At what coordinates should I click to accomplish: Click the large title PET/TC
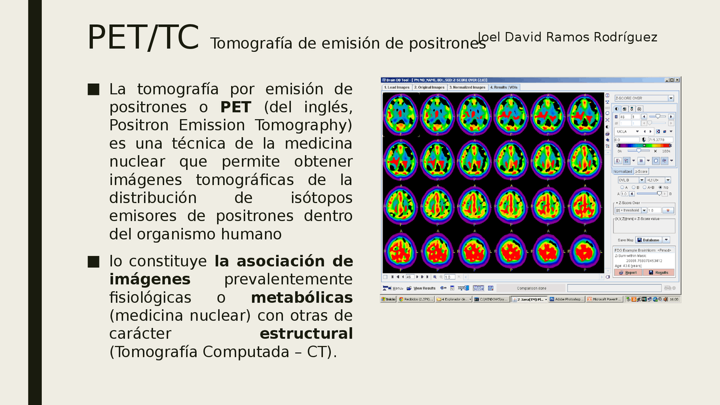pos(142,37)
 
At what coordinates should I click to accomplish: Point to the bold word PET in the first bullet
pos(236,107)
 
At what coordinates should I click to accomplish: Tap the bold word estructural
pos(306,333)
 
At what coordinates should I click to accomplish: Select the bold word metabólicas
pos(301,297)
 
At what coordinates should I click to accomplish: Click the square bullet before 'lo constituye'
pos(93,261)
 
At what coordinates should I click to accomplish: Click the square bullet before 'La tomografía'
pos(93,89)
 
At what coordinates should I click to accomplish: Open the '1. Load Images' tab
pos(397,87)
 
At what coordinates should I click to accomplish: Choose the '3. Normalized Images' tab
pos(467,87)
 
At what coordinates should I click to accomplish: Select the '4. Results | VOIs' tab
pos(503,87)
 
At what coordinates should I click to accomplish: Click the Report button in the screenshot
pos(628,272)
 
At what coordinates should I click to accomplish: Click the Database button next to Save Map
pos(649,240)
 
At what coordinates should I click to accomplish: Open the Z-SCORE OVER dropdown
pos(644,98)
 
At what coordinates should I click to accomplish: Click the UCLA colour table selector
pos(629,131)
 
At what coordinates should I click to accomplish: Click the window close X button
pos(677,80)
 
